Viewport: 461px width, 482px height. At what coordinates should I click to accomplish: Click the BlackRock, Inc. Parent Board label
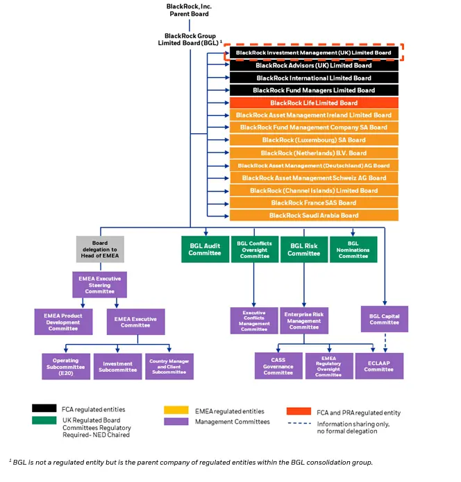coord(189,10)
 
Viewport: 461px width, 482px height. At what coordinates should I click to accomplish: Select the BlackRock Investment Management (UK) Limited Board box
coord(314,53)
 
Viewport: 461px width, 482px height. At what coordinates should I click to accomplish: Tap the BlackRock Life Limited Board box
coord(314,103)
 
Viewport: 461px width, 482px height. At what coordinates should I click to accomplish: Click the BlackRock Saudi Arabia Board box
coord(314,216)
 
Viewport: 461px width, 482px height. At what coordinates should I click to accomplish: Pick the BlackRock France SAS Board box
coord(314,203)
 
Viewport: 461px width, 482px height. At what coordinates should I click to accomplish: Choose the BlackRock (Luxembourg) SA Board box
coord(314,140)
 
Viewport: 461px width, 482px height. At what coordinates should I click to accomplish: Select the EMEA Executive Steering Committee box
coord(100,285)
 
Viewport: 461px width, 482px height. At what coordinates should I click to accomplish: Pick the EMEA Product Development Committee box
coord(63,322)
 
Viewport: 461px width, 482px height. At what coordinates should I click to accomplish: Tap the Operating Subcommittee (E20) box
coord(65,365)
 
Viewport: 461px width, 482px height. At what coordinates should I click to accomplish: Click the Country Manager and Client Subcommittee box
coord(169,365)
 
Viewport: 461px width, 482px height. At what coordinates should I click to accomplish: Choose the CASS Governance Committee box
coord(278,365)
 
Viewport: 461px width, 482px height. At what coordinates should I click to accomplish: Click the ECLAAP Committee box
coord(378,365)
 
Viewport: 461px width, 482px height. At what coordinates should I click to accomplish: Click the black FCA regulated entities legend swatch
coord(44,410)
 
